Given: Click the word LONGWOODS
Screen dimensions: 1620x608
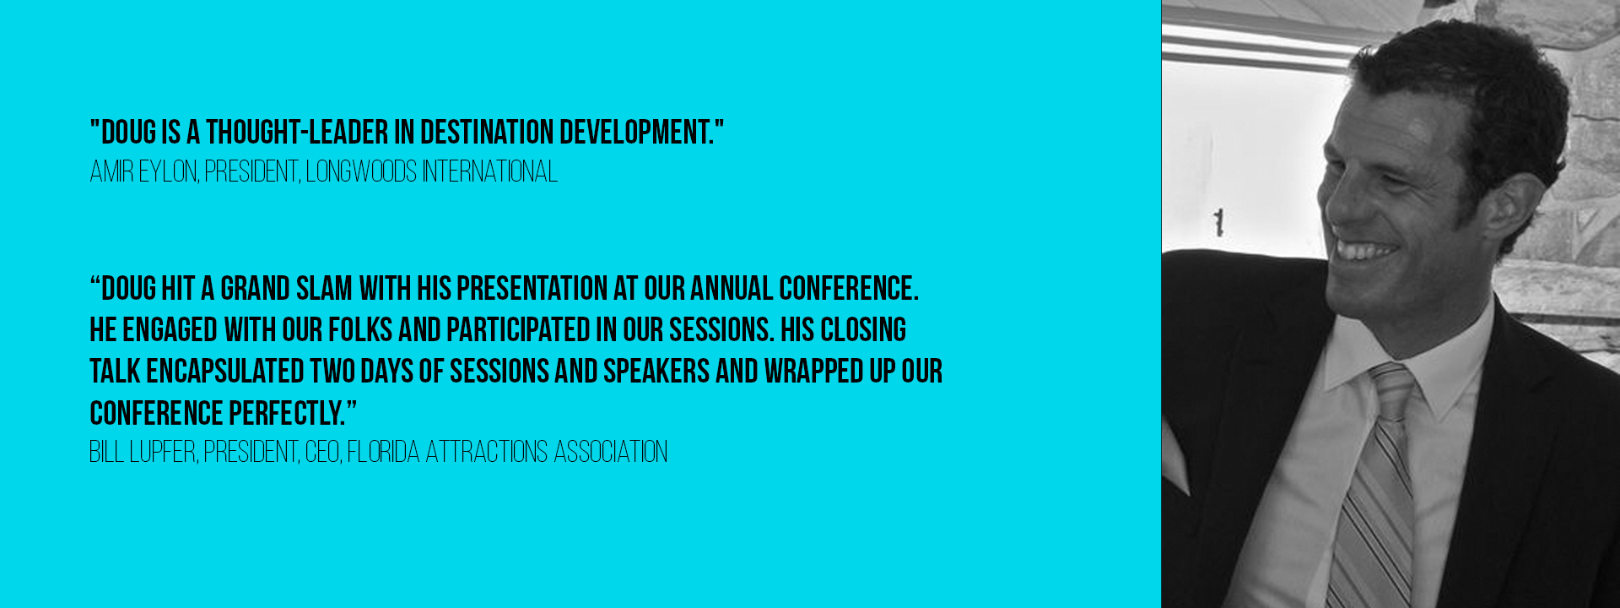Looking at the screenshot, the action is point(361,172).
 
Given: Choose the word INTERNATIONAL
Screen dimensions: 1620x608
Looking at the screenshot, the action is point(490,172).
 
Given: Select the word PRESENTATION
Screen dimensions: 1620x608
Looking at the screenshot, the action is point(532,289).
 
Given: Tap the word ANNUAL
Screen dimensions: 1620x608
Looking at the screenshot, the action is point(732,289).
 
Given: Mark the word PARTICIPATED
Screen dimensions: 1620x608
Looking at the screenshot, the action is point(518,330).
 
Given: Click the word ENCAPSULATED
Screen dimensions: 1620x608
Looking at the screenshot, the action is point(225,372).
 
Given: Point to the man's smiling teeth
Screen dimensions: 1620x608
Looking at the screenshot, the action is point(1367,252).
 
